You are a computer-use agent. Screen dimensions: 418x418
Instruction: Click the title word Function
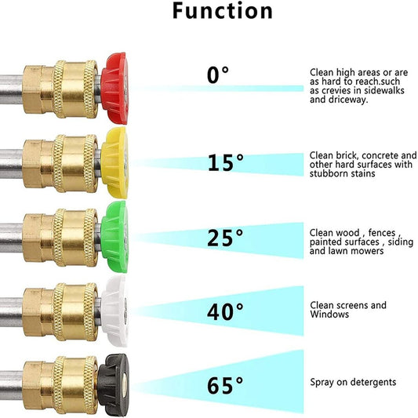coord(223,11)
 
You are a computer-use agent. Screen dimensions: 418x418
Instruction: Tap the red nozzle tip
coord(114,89)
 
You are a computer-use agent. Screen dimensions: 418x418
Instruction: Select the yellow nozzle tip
coord(114,162)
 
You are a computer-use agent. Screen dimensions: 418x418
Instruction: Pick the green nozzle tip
coord(114,237)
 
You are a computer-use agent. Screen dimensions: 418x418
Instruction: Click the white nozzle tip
coord(114,311)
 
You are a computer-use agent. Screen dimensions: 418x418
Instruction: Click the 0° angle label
coord(218,75)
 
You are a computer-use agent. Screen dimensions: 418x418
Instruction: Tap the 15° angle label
coord(225,162)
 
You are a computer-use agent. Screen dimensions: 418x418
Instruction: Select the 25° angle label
coord(225,238)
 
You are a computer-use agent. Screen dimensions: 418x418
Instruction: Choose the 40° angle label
coord(225,311)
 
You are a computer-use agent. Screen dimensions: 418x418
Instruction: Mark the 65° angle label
coord(225,386)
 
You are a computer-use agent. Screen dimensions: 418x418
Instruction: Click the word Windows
coord(329,314)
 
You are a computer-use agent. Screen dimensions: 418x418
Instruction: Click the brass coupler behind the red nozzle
coord(60,89)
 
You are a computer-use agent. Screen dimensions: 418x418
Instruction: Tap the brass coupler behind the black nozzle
coord(60,386)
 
